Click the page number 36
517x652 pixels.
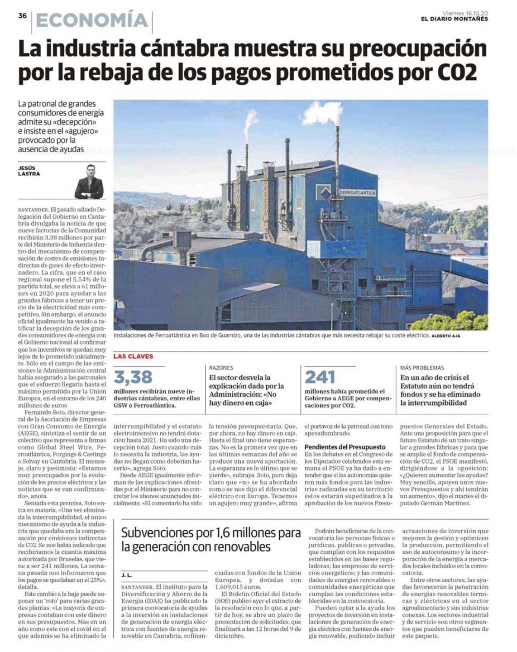point(23,16)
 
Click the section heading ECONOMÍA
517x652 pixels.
point(92,21)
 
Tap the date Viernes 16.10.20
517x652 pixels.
point(465,13)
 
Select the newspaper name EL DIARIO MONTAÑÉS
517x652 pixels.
point(455,19)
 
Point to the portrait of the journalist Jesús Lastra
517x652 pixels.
point(89,182)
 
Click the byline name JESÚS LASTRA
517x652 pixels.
point(29,171)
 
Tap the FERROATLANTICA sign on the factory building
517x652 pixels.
point(357,193)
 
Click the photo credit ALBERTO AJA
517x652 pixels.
point(446,336)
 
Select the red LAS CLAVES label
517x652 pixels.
point(133,356)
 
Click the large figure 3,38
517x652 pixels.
point(133,377)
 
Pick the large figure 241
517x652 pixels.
point(320,377)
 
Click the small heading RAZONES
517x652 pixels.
point(221,368)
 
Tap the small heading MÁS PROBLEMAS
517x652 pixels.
point(422,368)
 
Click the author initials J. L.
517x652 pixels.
point(126,575)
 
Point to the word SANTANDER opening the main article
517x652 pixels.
point(34,210)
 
